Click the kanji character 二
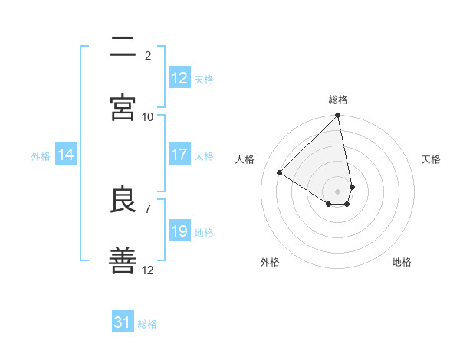pyautogui.click(x=123, y=47)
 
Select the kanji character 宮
pyautogui.click(x=123, y=108)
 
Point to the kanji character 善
pyautogui.click(x=123, y=261)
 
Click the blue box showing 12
pyautogui.click(x=179, y=77)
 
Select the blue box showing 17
pyautogui.click(x=179, y=155)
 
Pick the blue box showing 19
pyautogui.click(x=179, y=231)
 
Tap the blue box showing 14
pyautogui.click(x=66, y=155)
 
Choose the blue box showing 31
pyautogui.click(x=123, y=322)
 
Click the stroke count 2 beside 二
pyautogui.click(x=148, y=55)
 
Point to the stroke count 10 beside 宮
pyautogui.click(x=148, y=116)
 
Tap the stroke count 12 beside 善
pyautogui.click(x=148, y=270)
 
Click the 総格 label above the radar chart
pyautogui.click(x=338, y=100)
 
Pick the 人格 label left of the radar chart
pyautogui.click(x=245, y=159)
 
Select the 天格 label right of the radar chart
pyautogui.click(x=431, y=159)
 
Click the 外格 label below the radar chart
pyautogui.click(x=270, y=262)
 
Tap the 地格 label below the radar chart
pyautogui.click(x=402, y=262)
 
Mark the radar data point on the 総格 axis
pyautogui.click(x=338, y=116)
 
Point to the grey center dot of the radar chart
pyautogui.click(x=338, y=191)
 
